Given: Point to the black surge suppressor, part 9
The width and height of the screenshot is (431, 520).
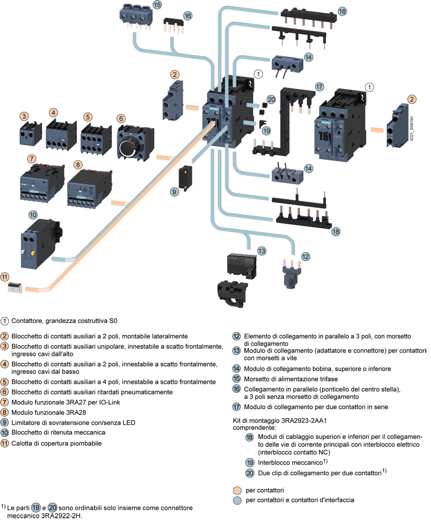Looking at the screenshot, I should pyautogui.click(x=184, y=177).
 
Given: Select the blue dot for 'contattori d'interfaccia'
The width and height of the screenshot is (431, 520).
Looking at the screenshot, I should pyautogui.click(x=237, y=500).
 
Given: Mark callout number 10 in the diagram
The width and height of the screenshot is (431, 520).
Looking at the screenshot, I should pyautogui.click(x=33, y=214).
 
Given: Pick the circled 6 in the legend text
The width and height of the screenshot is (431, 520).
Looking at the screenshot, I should pyautogui.click(x=5, y=392).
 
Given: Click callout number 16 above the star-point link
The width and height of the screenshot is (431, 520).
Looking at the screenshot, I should pyautogui.click(x=187, y=16).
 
